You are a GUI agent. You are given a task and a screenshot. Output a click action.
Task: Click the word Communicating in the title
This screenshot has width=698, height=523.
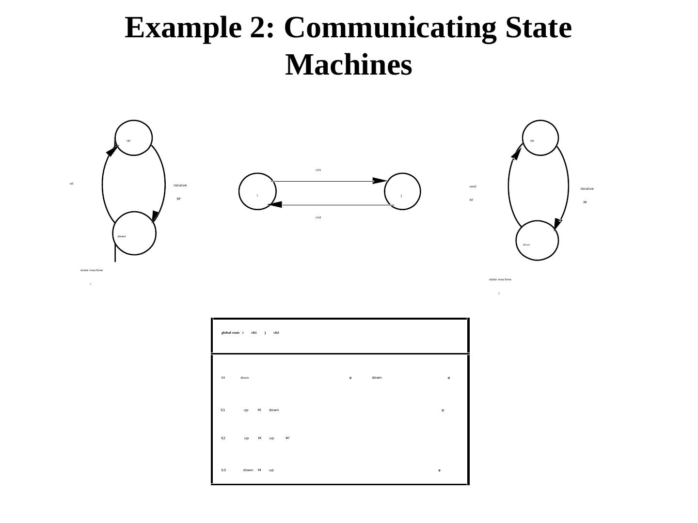(x=390, y=28)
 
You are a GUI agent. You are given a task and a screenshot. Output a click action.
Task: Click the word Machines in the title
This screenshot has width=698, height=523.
(x=349, y=65)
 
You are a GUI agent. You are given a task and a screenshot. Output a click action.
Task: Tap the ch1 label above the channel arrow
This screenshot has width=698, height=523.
(x=318, y=170)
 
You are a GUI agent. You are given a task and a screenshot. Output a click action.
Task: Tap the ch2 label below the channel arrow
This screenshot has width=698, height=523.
(x=318, y=217)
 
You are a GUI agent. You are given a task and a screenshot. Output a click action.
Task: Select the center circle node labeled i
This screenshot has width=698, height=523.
(x=257, y=192)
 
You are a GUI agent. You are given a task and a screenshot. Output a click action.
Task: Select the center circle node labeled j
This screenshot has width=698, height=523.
(x=402, y=192)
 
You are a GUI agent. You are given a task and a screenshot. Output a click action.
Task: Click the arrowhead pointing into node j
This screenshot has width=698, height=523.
(x=380, y=181)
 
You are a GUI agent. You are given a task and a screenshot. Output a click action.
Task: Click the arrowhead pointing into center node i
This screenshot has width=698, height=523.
(x=275, y=205)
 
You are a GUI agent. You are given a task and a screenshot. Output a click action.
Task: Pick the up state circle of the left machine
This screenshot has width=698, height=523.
(x=133, y=138)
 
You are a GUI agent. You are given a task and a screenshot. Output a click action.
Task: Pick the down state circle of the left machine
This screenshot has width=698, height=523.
(x=134, y=233)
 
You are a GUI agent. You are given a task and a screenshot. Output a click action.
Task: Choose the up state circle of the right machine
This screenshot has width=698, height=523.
(x=540, y=138)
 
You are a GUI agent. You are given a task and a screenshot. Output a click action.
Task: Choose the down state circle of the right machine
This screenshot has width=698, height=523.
(x=537, y=241)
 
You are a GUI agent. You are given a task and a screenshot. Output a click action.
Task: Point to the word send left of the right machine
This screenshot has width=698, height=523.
(x=473, y=186)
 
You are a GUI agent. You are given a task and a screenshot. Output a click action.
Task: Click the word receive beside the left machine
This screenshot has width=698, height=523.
(x=180, y=185)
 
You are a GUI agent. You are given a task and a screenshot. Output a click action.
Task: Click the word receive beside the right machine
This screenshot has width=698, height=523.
(x=587, y=189)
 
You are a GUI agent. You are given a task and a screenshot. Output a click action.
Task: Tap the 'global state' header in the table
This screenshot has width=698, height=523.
(x=230, y=333)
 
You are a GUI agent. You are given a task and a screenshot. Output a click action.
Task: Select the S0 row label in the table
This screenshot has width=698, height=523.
(x=223, y=378)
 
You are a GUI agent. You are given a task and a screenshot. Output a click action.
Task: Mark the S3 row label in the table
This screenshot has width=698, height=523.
(x=223, y=470)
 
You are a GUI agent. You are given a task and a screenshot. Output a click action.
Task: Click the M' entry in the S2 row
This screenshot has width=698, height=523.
(x=287, y=438)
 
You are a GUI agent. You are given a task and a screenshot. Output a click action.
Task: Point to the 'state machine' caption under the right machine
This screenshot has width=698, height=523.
(x=500, y=279)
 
